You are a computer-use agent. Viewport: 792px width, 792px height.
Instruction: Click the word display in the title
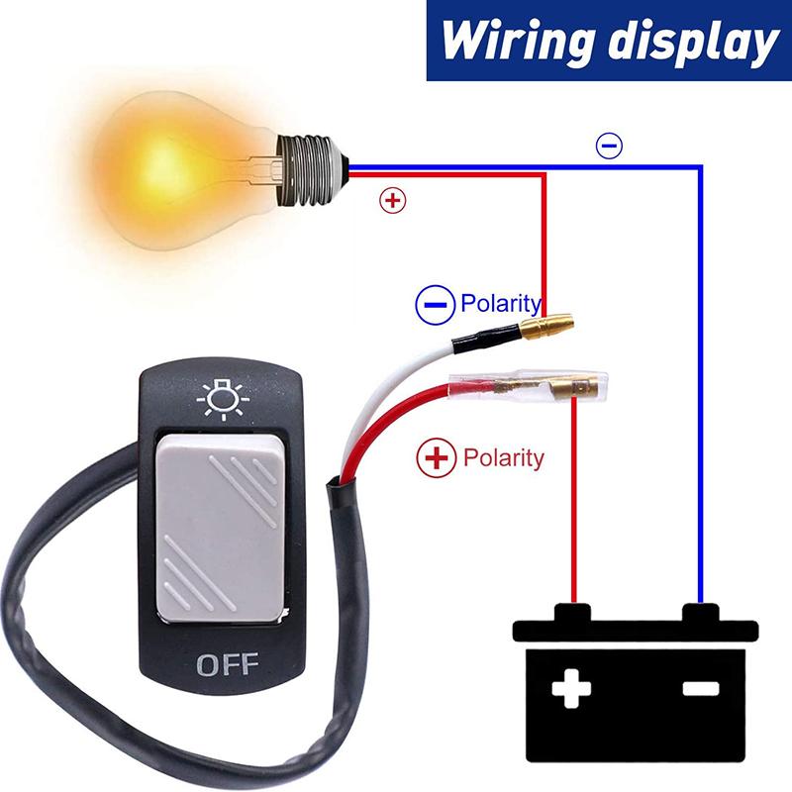pos(692,42)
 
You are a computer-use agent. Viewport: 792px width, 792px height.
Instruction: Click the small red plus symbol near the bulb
pos(392,201)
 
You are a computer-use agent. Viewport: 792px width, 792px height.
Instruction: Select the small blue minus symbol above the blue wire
pos(609,146)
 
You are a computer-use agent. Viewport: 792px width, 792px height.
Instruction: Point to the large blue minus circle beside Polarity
pos(435,305)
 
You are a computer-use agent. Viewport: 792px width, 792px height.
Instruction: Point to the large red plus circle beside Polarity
pos(436,457)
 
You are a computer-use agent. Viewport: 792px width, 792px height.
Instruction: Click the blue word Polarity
pos(501,304)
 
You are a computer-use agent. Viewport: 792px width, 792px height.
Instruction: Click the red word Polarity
pos(504,457)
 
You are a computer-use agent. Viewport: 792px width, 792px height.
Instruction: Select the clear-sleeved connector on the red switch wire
pos(529,387)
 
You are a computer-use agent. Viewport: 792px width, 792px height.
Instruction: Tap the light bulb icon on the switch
pos(223,401)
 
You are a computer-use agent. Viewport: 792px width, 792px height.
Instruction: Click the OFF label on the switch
pos(228,664)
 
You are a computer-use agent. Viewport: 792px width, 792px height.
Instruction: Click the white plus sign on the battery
pos(571,688)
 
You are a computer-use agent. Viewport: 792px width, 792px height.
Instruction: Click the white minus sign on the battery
pos(701,688)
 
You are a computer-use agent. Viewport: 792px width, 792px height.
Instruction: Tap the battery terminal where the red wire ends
pos(573,612)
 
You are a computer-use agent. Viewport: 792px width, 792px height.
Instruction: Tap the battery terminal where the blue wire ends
pos(701,612)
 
